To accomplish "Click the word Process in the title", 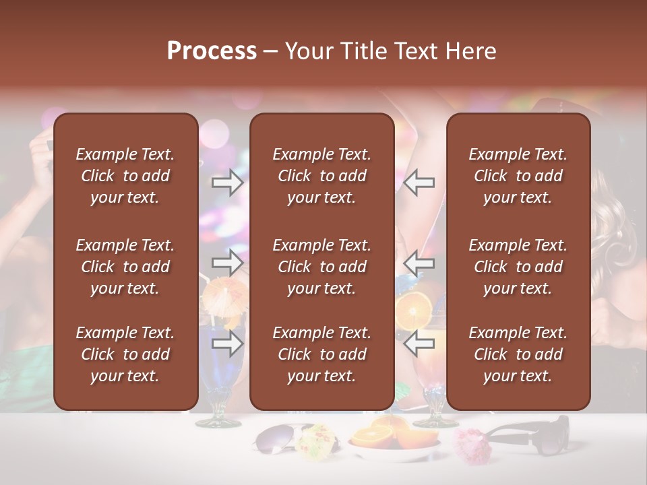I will click(x=212, y=51).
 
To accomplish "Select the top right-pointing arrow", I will click(x=227, y=183).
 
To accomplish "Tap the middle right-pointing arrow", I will click(x=227, y=262).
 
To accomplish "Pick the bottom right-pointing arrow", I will click(x=227, y=344).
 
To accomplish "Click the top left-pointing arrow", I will click(x=419, y=183).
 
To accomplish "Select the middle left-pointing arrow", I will click(x=419, y=262).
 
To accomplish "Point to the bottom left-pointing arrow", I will click(x=419, y=344).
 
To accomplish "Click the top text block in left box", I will click(x=125, y=176).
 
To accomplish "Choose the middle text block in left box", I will click(x=125, y=267).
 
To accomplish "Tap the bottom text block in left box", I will click(x=125, y=354).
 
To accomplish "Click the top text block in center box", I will click(x=321, y=176).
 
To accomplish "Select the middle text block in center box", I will click(x=321, y=267).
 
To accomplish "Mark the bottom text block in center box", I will click(x=321, y=354).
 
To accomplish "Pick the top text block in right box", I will click(x=518, y=176).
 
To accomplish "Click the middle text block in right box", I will click(x=518, y=267).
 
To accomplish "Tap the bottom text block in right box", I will click(x=518, y=354).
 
